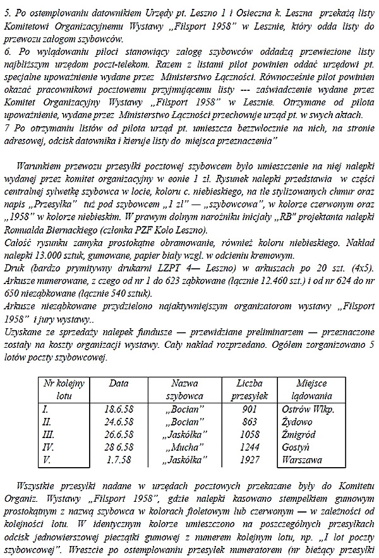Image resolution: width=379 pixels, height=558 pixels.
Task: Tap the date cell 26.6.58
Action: point(118,435)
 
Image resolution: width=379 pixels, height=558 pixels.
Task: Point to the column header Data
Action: point(119,384)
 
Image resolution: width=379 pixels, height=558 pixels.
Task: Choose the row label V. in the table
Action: point(47,460)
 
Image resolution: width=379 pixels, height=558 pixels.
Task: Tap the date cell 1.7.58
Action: point(118,460)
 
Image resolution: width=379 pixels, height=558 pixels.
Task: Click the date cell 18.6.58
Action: point(118,410)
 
